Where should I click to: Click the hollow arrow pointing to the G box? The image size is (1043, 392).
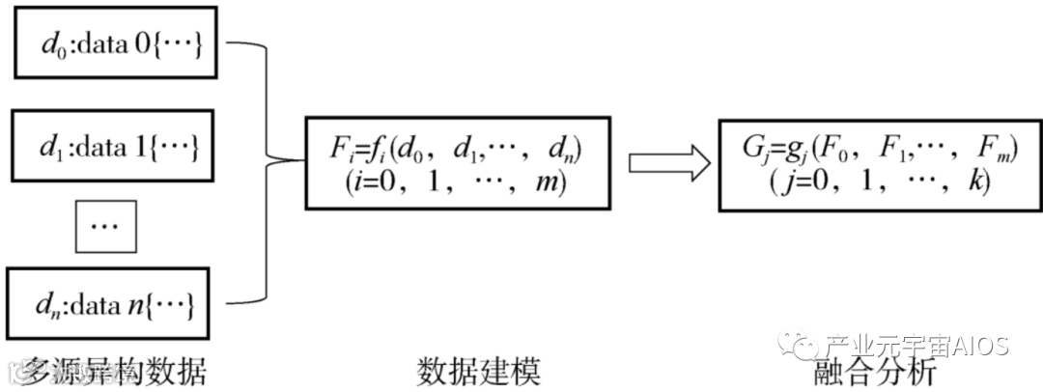tap(664, 163)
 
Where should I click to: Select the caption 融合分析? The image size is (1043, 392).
tap(877, 371)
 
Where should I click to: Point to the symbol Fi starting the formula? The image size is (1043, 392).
tap(339, 150)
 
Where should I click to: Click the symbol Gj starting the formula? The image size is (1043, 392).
tap(755, 150)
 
